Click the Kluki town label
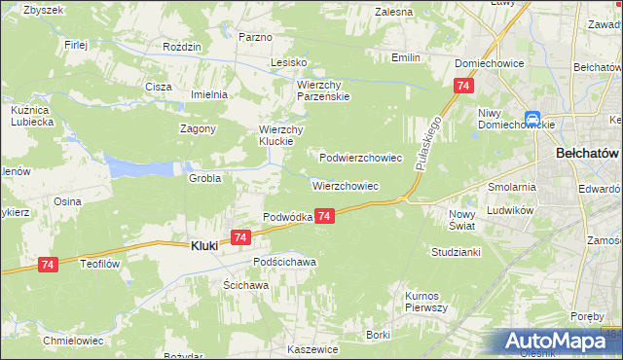coord(202,247)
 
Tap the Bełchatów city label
coord(587,154)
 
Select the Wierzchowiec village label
coord(345,185)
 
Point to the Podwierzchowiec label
coord(361,157)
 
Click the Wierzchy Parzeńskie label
coord(323,90)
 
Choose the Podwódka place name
coord(287,217)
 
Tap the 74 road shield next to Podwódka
coord(326,216)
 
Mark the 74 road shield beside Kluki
coord(241,236)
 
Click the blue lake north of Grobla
coord(136,167)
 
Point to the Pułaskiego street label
coord(429,142)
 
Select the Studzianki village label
coord(456,251)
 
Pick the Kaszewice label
coord(312,348)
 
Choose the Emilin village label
coord(405,57)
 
